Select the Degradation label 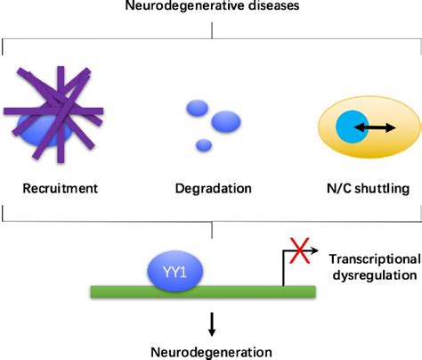coord(212,188)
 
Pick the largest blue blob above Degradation coord(226,120)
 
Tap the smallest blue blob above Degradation coord(204,144)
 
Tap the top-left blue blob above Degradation coord(196,109)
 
